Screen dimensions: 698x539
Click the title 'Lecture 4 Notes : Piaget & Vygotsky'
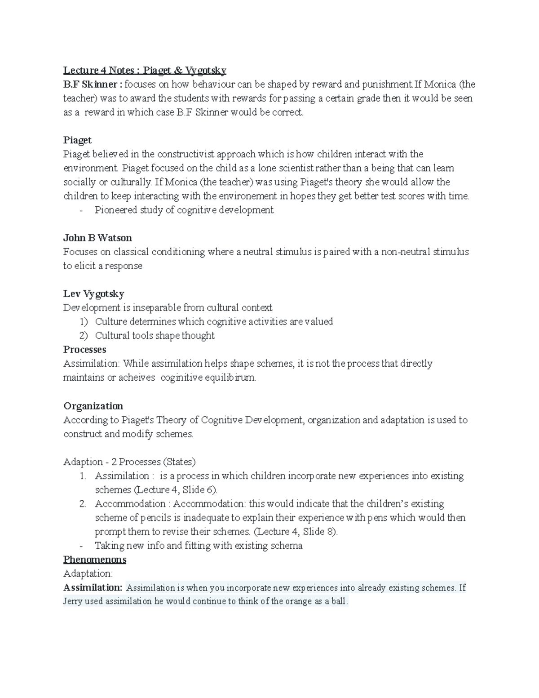coord(145,70)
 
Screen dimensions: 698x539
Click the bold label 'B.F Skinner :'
coord(93,84)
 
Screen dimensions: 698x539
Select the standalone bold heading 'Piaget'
coord(77,140)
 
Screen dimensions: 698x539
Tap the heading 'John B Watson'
coord(97,238)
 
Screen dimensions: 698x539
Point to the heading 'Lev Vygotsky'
coord(93,294)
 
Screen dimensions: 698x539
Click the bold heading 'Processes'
coord(84,350)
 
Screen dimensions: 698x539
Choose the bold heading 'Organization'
coord(93,406)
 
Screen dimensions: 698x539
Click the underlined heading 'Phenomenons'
coord(95,560)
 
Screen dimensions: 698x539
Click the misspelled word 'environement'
coord(246,196)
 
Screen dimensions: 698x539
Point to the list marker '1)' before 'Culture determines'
coord(84,322)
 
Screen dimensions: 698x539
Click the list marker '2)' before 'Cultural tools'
coord(84,336)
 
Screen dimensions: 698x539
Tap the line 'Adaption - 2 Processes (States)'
coord(129,462)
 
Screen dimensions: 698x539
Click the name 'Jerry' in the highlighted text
coord(73,601)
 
